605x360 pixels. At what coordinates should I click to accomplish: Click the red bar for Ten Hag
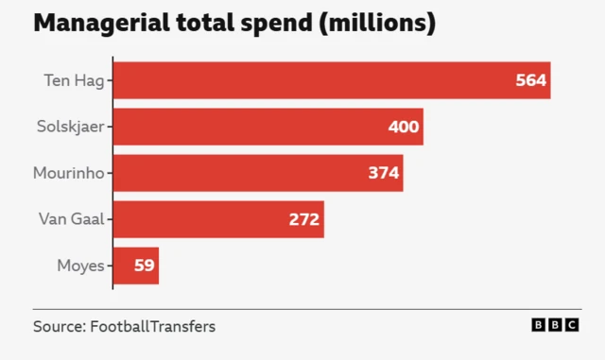coord(331,80)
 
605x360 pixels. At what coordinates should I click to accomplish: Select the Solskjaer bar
coord(268,127)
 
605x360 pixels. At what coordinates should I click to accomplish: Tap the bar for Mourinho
coord(258,173)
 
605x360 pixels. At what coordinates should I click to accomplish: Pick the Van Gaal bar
coord(218,219)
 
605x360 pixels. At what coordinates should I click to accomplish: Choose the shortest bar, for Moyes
coord(136,266)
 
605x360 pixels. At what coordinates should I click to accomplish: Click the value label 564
coord(530,80)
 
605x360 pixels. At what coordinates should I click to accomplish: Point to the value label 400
coord(404,127)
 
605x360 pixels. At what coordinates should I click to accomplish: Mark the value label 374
coord(384,173)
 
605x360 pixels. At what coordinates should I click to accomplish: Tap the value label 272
coord(304,219)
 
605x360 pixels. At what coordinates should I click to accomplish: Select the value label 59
coord(144,266)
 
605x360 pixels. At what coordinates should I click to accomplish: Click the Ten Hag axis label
coord(74,80)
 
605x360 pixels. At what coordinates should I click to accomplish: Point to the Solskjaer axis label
coord(68,127)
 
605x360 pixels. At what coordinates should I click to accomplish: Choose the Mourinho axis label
coord(68,173)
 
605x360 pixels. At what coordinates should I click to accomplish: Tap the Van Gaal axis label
coord(71,219)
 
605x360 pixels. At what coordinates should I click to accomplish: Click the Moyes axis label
coord(80,266)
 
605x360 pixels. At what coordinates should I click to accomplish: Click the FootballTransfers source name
coord(152,327)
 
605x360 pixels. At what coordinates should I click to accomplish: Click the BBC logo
coord(555,325)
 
